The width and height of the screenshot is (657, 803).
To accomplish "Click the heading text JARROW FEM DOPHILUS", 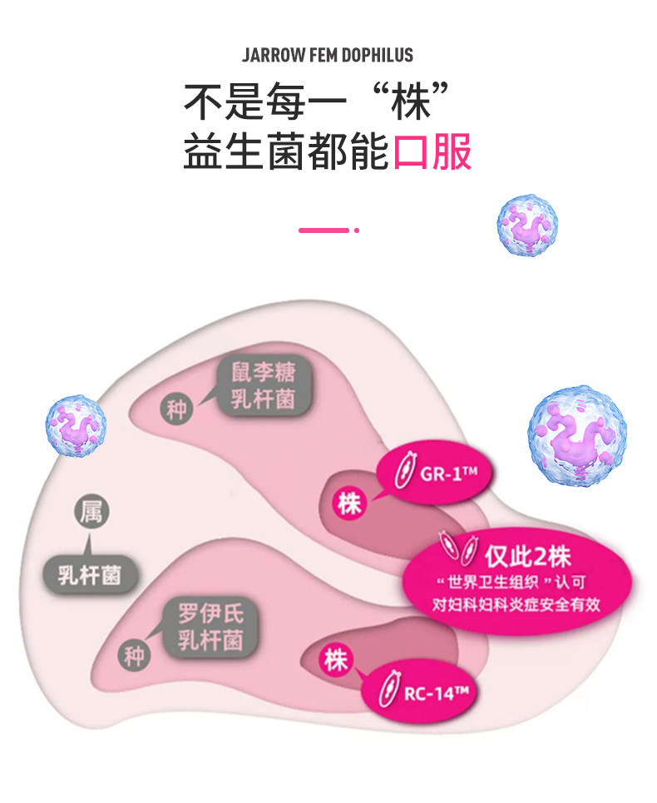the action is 328,56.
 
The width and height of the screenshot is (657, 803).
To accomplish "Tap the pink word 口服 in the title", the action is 432,152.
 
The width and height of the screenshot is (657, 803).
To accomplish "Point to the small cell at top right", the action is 527,226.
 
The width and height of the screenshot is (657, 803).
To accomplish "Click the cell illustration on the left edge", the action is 74,425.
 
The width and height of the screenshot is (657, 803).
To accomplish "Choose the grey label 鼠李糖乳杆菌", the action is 263,386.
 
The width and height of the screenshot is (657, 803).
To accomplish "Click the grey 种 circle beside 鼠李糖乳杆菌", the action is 176,409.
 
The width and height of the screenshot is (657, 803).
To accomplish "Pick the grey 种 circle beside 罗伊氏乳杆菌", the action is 135,656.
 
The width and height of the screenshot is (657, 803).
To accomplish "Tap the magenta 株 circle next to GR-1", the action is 349,503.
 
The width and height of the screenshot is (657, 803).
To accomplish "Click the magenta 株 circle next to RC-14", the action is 336,660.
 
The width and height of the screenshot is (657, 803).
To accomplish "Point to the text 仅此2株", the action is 528,556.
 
